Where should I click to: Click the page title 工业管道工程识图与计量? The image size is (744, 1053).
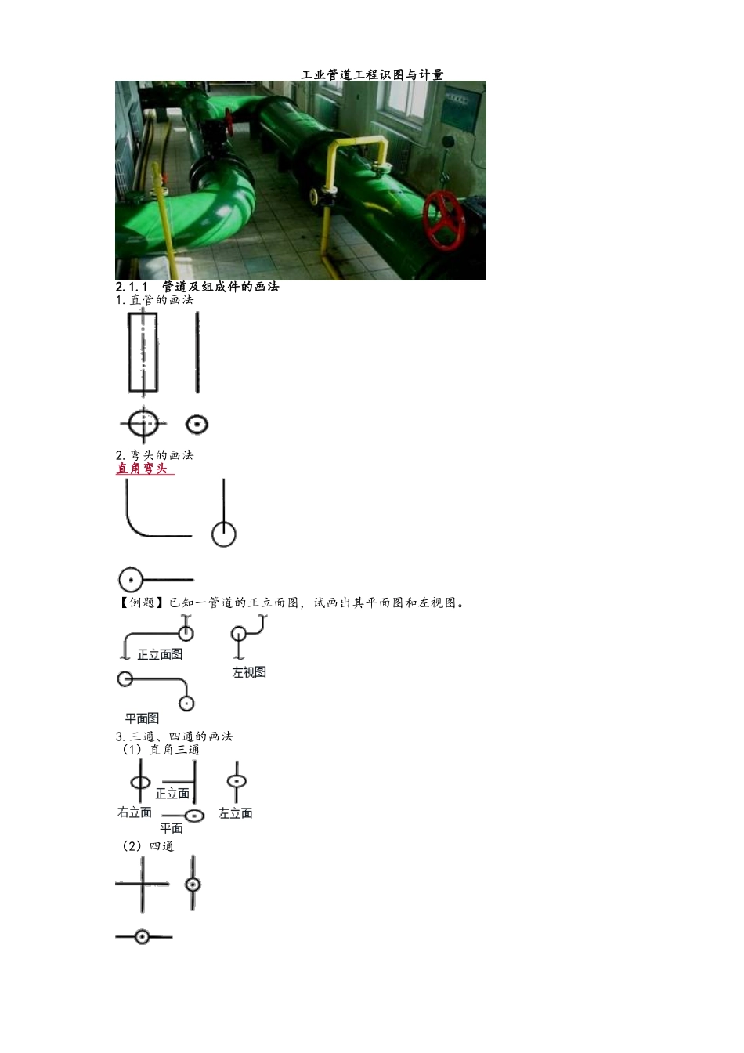[x=372, y=74]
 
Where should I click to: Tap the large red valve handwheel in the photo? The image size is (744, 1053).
[x=444, y=221]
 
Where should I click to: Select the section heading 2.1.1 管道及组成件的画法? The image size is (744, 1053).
[x=197, y=286]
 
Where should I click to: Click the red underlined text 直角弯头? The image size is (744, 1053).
[x=142, y=469]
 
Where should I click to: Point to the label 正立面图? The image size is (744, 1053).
[x=160, y=654]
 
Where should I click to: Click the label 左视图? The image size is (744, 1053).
[x=249, y=672]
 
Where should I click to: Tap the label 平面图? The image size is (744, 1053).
[x=142, y=718]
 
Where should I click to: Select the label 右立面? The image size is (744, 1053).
[x=135, y=812]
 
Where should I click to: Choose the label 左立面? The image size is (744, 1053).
[x=235, y=812]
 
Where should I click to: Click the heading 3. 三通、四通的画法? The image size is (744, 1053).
[x=175, y=736]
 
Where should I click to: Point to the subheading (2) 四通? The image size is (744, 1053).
[x=148, y=846]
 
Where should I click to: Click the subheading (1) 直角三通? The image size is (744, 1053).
[x=161, y=749]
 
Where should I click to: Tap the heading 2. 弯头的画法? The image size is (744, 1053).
[x=154, y=455]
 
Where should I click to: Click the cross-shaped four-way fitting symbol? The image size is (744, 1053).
[x=143, y=885]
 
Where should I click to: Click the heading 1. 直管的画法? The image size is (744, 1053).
[x=154, y=300]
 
